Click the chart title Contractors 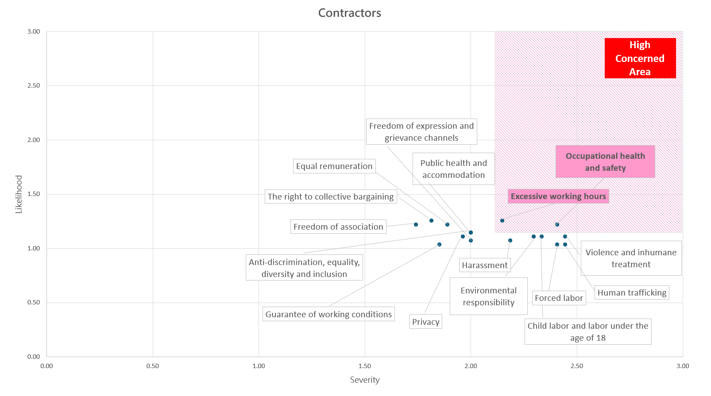(349, 13)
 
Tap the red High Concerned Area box (640, 58)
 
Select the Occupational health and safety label (605, 162)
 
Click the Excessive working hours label (558, 196)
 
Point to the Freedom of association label (338, 227)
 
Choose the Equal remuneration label (334, 166)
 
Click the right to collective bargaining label (330, 197)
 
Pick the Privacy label (425, 322)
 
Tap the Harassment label (484, 265)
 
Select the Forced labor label (558, 298)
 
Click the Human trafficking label (631, 293)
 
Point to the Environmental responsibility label (488, 296)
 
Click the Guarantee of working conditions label (328, 315)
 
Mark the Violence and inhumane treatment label (630, 258)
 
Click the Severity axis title (364, 380)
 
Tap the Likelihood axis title (19, 194)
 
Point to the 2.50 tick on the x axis (576, 366)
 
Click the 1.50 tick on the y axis (34, 194)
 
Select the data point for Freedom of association (416, 225)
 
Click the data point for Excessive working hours (502, 221)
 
